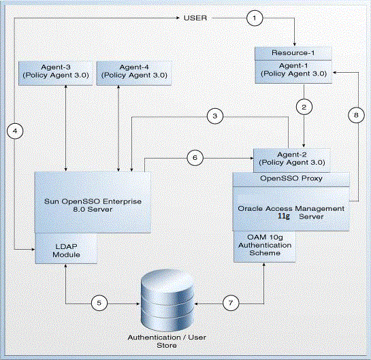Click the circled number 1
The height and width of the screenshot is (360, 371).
tap(255, 18)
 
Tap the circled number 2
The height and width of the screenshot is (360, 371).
tap(304, 107)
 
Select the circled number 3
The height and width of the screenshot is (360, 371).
tap(215, 116)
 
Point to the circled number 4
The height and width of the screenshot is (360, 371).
tap(15, 131)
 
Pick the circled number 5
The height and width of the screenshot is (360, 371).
tap(99, 303)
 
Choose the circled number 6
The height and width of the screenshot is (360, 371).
tap(195, 157)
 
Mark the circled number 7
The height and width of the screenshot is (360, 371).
tap(231, 303)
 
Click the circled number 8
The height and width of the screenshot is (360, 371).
tap(356, 115)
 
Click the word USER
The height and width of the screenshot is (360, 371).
tap(195, 18)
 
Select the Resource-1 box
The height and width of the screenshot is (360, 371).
tap(293, 53)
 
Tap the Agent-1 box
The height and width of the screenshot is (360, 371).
tap(293, 71)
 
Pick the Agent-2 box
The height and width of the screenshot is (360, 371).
tap(292, 161)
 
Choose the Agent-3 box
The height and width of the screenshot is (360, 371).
tap(56, 73)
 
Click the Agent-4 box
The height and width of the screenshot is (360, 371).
tap(134, 73)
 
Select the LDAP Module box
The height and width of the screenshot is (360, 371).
tap(66, 248)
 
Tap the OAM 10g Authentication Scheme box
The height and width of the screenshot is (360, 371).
tap(265, 246)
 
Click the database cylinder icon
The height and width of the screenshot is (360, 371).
tap(167, 299)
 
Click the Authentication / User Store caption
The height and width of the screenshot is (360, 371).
tap(167, 342)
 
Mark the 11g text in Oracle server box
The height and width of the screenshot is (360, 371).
tap(283, 216)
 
